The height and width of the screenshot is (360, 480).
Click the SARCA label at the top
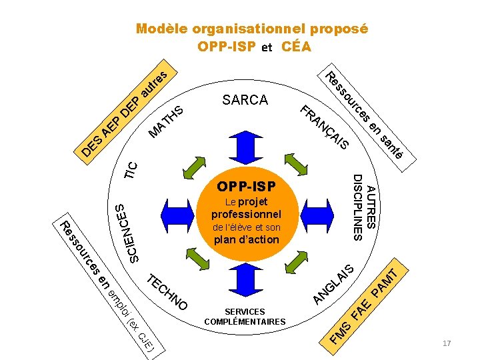(245, 100)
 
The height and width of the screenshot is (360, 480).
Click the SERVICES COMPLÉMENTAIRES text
(245, 317)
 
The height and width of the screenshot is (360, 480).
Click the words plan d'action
(246, 239)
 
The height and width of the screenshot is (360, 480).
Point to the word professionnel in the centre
(246, 214)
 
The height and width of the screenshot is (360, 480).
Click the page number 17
(447, 343)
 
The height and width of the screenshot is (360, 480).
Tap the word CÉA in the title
(296, 47)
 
